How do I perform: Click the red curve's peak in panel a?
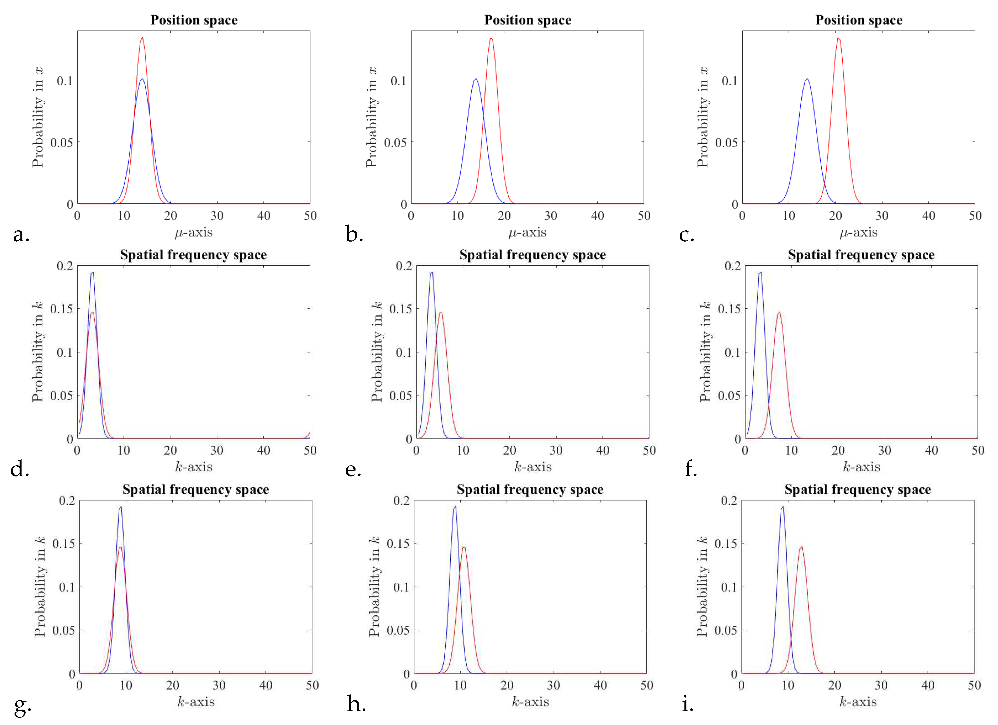point(142,37)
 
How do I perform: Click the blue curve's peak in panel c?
point(807,79)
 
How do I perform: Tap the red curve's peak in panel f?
point(779,312)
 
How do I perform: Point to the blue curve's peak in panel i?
point(782,507)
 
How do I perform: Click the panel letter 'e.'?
point(353,470)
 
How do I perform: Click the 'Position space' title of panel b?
point(528,20)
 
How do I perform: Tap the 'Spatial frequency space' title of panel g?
point(195,489)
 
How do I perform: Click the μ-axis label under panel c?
point(858,232)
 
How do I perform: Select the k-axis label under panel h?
point(530,702)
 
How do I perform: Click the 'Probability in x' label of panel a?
point(38,117)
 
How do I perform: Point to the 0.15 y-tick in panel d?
point(61,309)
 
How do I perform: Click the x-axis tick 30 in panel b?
point(550,216)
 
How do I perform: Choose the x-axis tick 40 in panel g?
point(266,685)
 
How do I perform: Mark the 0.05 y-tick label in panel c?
point(726,143)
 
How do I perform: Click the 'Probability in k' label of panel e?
point(377,352)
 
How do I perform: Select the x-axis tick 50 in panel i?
point(974,685)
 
